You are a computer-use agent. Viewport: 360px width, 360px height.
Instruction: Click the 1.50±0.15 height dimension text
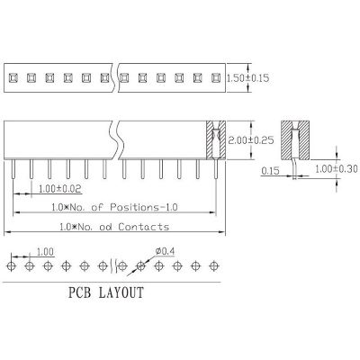pos(247,78)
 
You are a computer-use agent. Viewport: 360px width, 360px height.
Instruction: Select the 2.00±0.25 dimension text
pos(251,140)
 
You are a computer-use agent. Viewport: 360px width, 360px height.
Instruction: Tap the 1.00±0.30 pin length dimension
pos(337,169)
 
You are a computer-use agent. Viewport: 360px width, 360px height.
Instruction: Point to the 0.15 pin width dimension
pos(270,171)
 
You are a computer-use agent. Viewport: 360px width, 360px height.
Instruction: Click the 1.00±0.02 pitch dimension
pos(60,189)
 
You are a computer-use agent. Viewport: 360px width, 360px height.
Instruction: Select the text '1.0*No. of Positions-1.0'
pos(114,207)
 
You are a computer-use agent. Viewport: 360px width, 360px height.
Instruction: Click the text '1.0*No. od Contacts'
pos(114,227)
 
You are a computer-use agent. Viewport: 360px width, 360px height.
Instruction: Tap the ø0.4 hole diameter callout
pos(165,251)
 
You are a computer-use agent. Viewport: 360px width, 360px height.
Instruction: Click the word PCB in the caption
pos(79,292)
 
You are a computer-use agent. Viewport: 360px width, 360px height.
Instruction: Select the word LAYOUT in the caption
pos(121,292)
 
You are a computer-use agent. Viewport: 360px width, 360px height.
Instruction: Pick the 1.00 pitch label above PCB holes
pos(45,252)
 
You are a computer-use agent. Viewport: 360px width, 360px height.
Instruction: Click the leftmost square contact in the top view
pos(13,78)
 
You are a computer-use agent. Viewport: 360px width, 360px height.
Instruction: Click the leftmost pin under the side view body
pos(13,169)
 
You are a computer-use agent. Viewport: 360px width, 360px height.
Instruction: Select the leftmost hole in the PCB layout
pos(11,265)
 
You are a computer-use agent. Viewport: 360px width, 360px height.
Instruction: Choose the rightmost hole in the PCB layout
pos(213,265)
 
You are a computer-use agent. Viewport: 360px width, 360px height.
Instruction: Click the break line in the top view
pos(116,77)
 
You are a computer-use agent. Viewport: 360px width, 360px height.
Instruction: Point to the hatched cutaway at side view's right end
pos(216,139)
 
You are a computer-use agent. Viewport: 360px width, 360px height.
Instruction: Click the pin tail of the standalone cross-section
pos(295,169)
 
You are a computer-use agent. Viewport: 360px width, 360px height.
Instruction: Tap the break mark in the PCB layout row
pos(114,265)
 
